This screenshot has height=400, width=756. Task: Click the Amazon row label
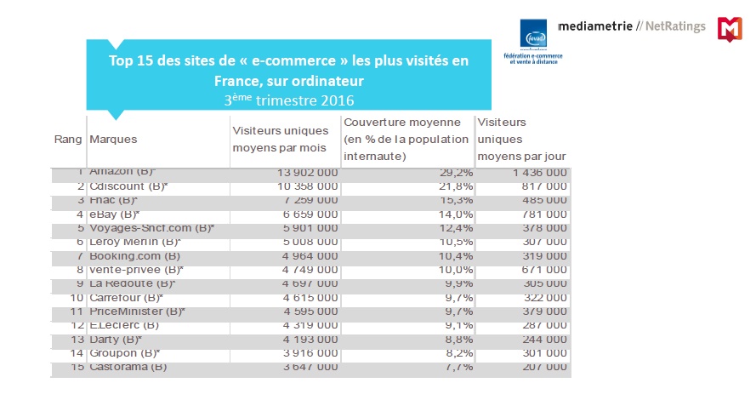click(x=122, y=172)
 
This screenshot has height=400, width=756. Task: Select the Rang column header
click(x=68, y=139)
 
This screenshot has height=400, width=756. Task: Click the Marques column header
click(x=113, y=139)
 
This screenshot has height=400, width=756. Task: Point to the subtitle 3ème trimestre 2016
click(x=288, y=100)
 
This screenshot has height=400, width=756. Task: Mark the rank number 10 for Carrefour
click(x=77, y=297)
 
